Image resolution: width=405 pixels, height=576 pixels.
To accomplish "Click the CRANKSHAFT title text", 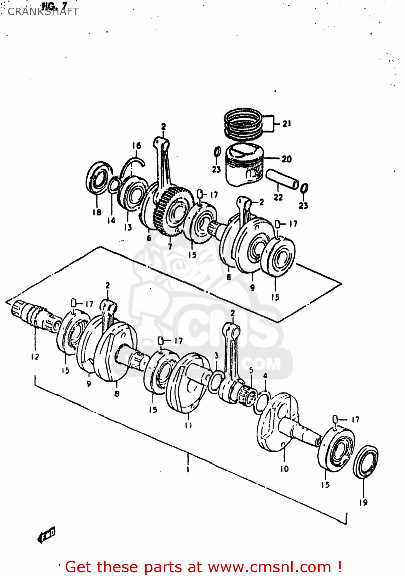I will [x=43, y=12].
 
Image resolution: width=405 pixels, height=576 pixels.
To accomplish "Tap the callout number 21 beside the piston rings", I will [x=287, y=124].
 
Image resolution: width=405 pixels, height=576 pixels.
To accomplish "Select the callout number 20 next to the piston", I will [x=287, y=159].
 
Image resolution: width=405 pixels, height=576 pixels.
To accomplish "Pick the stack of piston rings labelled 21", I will [x=243, y=124].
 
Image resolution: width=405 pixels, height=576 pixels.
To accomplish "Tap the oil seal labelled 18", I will [x=98, y=177].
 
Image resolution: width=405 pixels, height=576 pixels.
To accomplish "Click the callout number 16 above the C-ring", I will [x=137, y=146].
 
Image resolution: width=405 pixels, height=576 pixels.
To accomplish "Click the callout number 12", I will [x=35, y=357].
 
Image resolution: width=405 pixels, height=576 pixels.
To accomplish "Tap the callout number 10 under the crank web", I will [x=284, y=469].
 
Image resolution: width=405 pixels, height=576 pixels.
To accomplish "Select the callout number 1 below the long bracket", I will [x=188, y=469].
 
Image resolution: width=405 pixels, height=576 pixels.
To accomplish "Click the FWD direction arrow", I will [x=47, y=535].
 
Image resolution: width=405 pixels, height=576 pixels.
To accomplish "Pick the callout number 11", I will [x=188, y=425].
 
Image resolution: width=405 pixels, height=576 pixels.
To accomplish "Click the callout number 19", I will [x=364, y=502].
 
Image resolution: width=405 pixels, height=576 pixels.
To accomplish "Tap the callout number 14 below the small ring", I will [x=111, y=220].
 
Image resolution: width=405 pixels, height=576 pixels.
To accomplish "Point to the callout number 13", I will [x=128, y=227].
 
